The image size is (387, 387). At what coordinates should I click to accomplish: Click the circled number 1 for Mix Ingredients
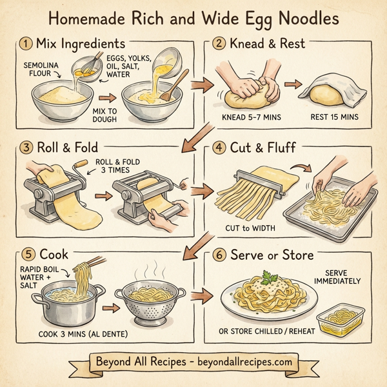click(x=26, y=44)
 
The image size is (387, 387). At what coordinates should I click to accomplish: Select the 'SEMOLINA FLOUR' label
click(x=43, y=70)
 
